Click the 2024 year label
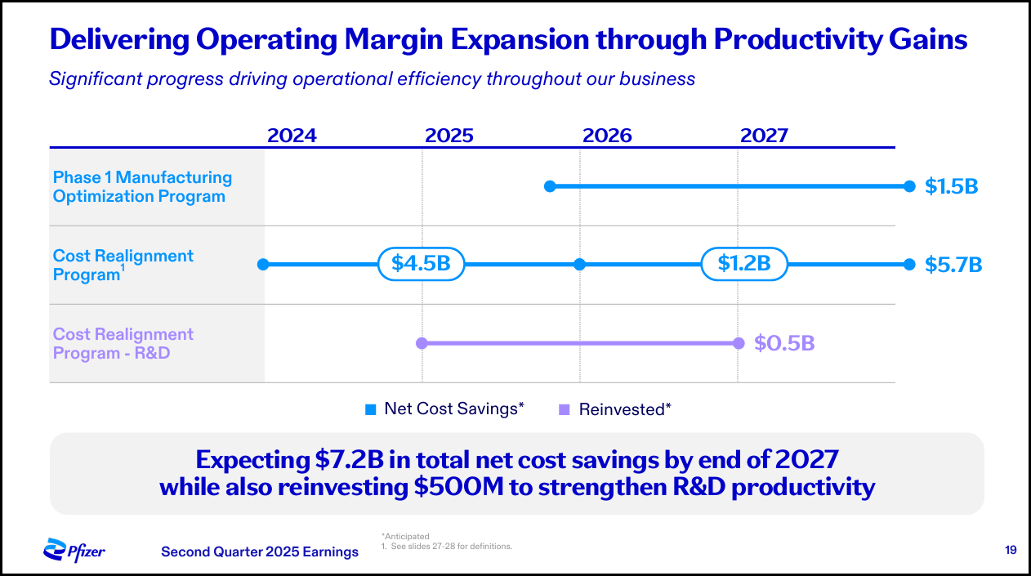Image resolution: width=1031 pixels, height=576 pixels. (292, 135)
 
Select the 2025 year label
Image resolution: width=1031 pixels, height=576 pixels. (449, 135)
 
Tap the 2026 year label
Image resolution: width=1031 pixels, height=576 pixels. (607, 135)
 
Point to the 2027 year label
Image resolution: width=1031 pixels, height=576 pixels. (764, 135)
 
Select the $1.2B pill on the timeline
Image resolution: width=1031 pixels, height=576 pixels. (744, 264)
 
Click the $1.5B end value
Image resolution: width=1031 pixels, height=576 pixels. (951, 186)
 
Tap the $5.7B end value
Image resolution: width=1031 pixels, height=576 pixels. (953, 265)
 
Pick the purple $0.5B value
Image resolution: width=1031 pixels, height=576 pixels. (784, 343)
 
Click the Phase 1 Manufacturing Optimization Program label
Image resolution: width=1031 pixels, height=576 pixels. (142, 186)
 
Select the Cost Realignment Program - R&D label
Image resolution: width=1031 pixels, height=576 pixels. (123, 343)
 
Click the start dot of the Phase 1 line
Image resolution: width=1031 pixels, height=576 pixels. (550, 186)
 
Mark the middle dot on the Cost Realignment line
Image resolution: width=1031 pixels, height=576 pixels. (579, 264)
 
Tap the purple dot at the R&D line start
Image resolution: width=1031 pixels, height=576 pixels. (422, 343)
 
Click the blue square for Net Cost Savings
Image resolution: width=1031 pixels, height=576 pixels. (370, 409)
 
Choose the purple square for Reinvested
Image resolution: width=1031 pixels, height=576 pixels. (564, 409)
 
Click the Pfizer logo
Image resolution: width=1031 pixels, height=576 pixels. (74, 550)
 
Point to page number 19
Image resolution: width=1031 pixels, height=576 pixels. (1011, 550)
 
